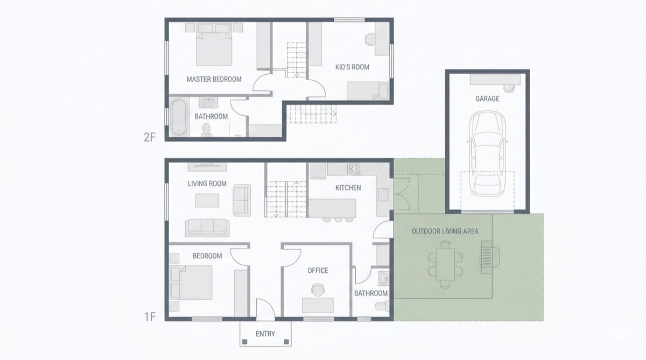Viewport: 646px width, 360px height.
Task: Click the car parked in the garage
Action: pyautogui.click(x=487, y=155)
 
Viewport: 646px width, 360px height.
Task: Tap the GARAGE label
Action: pyautogui.click(x=487, y=98)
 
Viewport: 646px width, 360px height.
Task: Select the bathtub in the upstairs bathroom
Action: pyautogui.click(x=179, y=116)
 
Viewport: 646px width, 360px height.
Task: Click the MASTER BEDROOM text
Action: pyautogui.click(x=214, y=79)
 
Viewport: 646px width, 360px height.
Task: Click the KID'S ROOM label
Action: pyautogui.click(x=352, y=67)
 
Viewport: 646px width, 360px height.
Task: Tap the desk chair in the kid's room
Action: pyautogui.click(x=370, y=39)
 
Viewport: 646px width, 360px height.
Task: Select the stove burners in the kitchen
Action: pyautogui.click(x=354, y=169)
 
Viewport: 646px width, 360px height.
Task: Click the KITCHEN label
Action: pyautogui.click(x=348, y=188)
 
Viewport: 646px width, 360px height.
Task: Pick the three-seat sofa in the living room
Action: pyautogui.click(x=207, y=227)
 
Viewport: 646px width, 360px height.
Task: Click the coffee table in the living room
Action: pyautogui.click(x=207, y=200)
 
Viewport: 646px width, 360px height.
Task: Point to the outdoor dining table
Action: pyautogui.click(x=445, y=263)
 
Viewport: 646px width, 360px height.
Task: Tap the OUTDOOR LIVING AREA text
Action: pyautogui.click(x=445, y=231)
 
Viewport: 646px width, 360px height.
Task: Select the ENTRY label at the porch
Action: pyautogui.click(x=265, y=334)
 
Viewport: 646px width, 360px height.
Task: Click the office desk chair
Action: pyautogui.click(x=318, y=290)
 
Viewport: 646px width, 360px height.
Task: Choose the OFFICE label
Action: pyautogui.click(x=318, y=270)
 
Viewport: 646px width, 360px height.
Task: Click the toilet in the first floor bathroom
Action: pyautogui.click(x=381, y=306)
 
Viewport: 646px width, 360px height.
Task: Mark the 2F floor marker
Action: pyautogui.click(x=150, y=137)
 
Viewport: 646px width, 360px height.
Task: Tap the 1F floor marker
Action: pyautogui.click(x=150, y=316)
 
